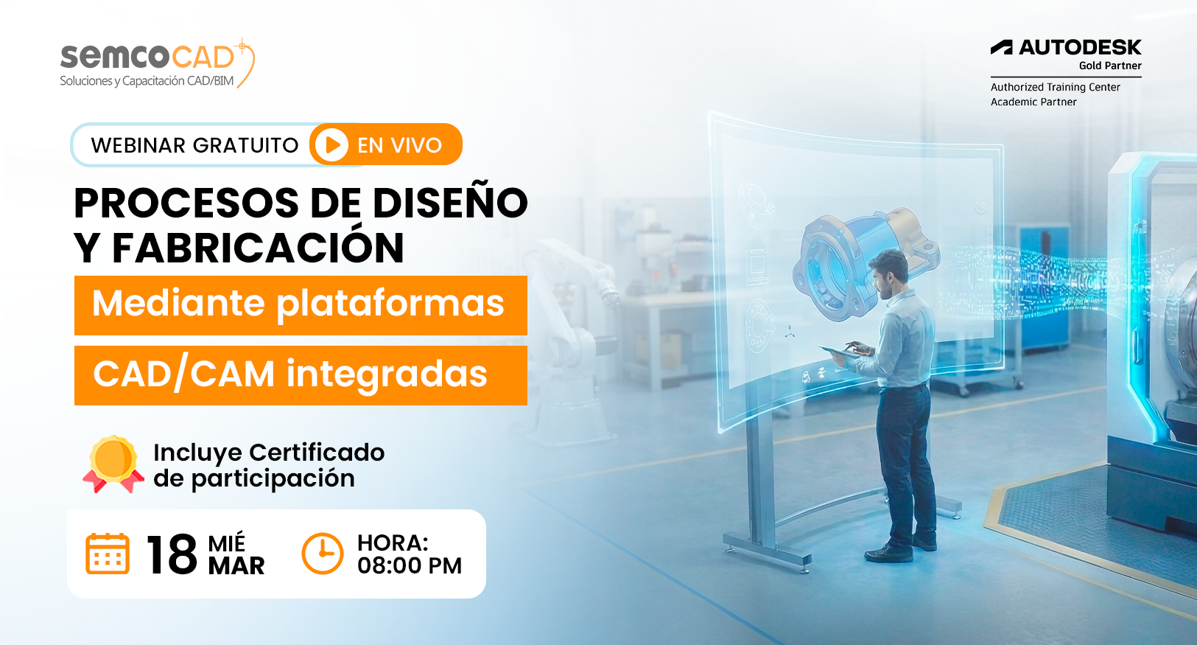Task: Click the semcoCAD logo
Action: [157, 63]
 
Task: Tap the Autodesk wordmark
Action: [1066, 48]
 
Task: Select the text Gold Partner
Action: [1110, 66]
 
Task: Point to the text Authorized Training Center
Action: [1055, 87]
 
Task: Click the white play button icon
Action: [331, 145]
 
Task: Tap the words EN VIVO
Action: [399, 145]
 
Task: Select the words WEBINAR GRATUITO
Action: [194, 145]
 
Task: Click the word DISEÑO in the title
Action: [450, 203]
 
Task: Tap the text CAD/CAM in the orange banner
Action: [183, 374]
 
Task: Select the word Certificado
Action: [317, 453]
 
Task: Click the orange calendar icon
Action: [108, 554]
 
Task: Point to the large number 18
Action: [172, 555]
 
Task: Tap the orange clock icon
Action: [322, 554]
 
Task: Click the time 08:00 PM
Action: [410, 566]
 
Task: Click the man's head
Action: [889, 272]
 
